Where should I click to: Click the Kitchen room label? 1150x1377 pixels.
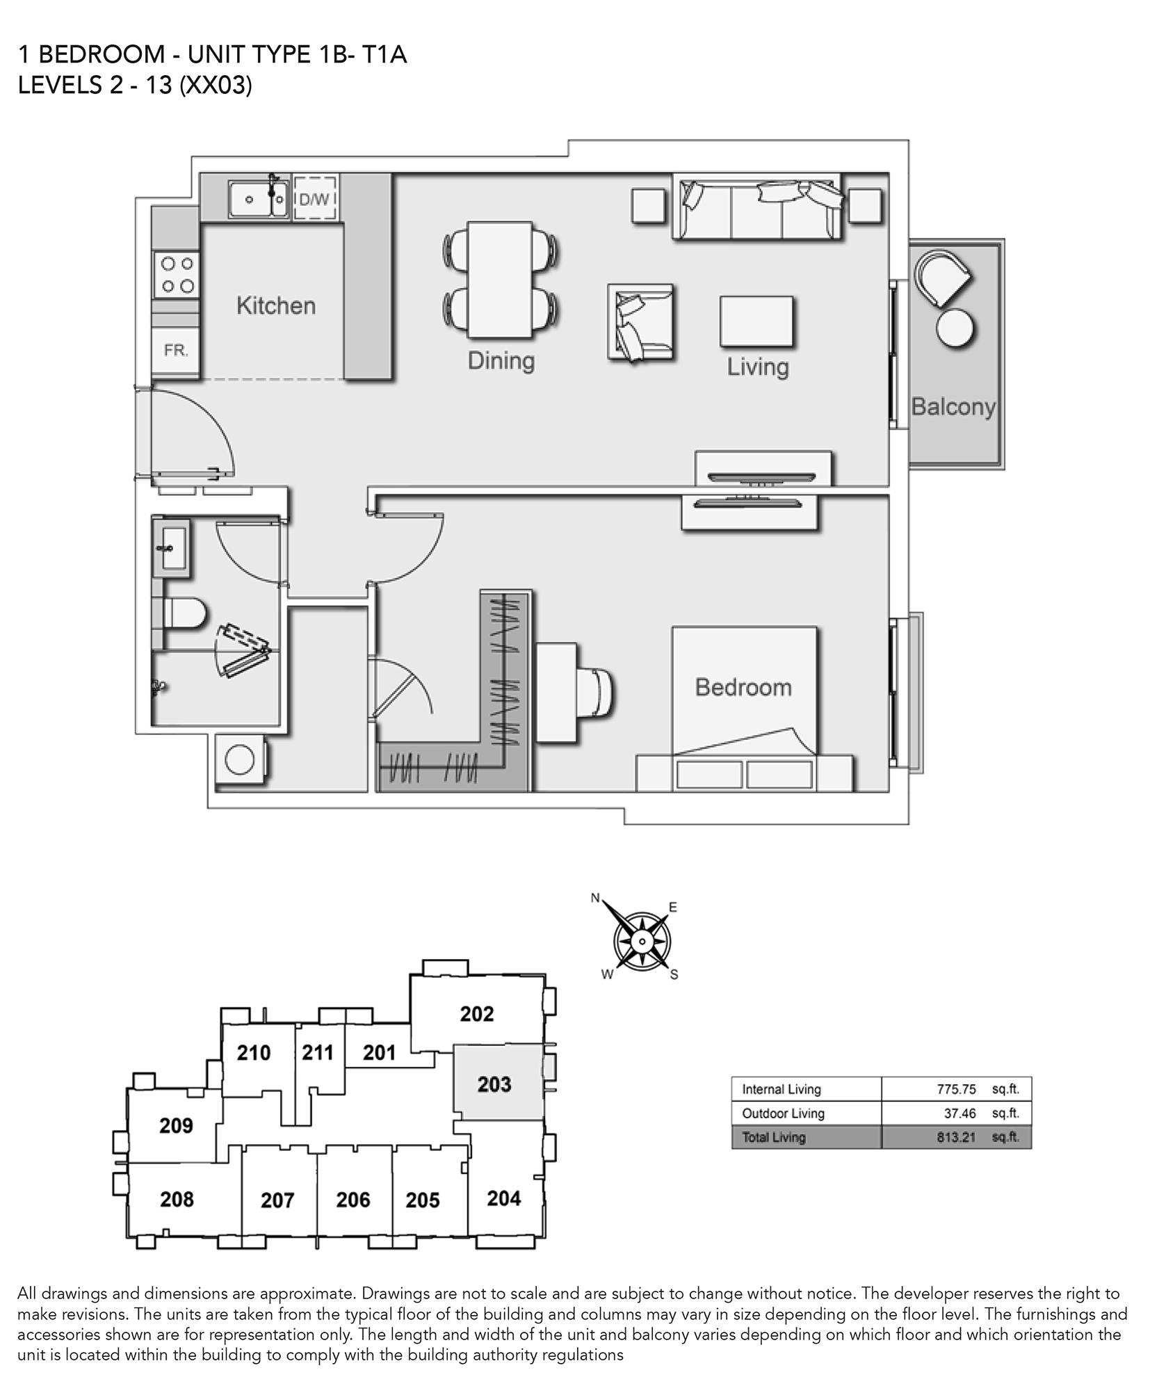point(276,305)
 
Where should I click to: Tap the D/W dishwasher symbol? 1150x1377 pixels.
point(315,199)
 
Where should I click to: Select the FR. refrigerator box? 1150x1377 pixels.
point(176,351)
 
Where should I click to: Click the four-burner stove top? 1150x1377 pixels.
point(177,275)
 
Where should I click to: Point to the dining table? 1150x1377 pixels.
point(500,280)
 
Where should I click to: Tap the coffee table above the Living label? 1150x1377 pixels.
point(756,321)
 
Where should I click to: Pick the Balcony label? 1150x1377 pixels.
point(953,406)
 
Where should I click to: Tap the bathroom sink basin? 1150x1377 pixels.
point(170,547)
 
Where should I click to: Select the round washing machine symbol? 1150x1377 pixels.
point(240,759)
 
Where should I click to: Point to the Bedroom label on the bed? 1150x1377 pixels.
point(743,687)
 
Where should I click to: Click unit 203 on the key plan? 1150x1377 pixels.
point(494,1084)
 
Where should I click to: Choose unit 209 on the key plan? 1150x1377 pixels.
point(176,1125)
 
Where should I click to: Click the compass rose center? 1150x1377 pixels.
point(642,942)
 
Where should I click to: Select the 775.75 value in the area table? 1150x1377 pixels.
point(956,1089)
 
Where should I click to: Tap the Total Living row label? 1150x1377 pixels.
point(774,1137)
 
